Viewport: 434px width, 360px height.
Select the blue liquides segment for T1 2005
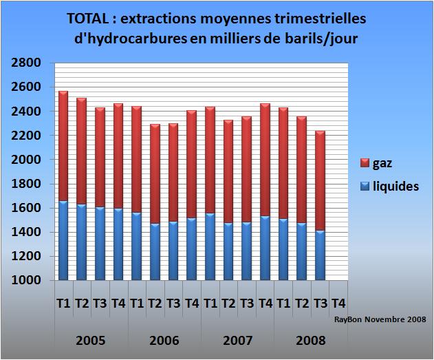(63, 240)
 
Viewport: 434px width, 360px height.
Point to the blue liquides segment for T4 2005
(118, 244)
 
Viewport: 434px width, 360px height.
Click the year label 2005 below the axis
(91, 340)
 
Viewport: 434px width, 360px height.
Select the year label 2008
(310, 340)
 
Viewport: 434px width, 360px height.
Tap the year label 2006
(164, 340)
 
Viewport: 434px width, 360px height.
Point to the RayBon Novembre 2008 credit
(380, 319)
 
